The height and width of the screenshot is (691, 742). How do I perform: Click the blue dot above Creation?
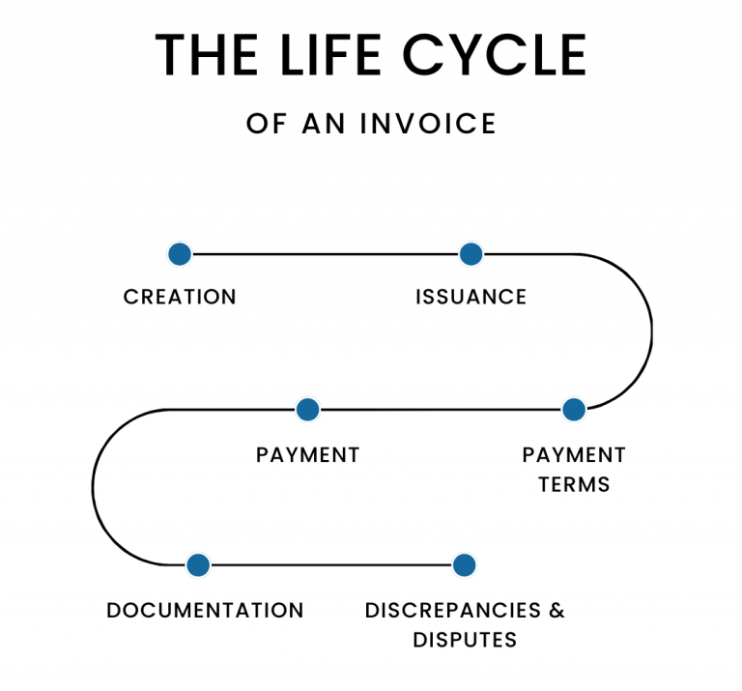pos(180,254)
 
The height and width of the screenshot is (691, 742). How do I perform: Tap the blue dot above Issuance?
pos(471,254)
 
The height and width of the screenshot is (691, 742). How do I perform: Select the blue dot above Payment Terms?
pos(574,410)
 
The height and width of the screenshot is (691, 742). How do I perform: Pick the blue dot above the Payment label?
pos(307,410)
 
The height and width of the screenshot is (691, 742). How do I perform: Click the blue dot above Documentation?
pos(198,564)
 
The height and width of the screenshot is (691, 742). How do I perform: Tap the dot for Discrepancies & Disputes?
pos(464,564)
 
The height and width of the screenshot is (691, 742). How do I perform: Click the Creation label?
pos(180,298)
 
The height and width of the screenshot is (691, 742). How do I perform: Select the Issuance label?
pos(471,298)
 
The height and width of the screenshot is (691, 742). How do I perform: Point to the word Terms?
pos(574,484)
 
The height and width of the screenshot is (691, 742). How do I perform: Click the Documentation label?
pos(205,611)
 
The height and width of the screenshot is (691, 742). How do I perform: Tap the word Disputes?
pos(465,640)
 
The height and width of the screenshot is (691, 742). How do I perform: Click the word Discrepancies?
pos(453,611)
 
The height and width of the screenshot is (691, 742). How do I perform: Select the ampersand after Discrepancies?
pos(556,611)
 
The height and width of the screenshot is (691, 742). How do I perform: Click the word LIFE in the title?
pos(330,55)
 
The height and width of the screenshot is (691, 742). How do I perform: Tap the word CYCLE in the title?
pos(495,55)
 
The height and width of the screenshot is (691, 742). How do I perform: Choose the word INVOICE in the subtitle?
pos(428,124)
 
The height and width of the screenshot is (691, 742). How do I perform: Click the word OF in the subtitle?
pos(267,124)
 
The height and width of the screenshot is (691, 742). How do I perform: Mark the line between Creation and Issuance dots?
pos(326,254)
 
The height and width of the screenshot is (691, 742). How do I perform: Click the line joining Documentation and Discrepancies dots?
pos(331,564)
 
